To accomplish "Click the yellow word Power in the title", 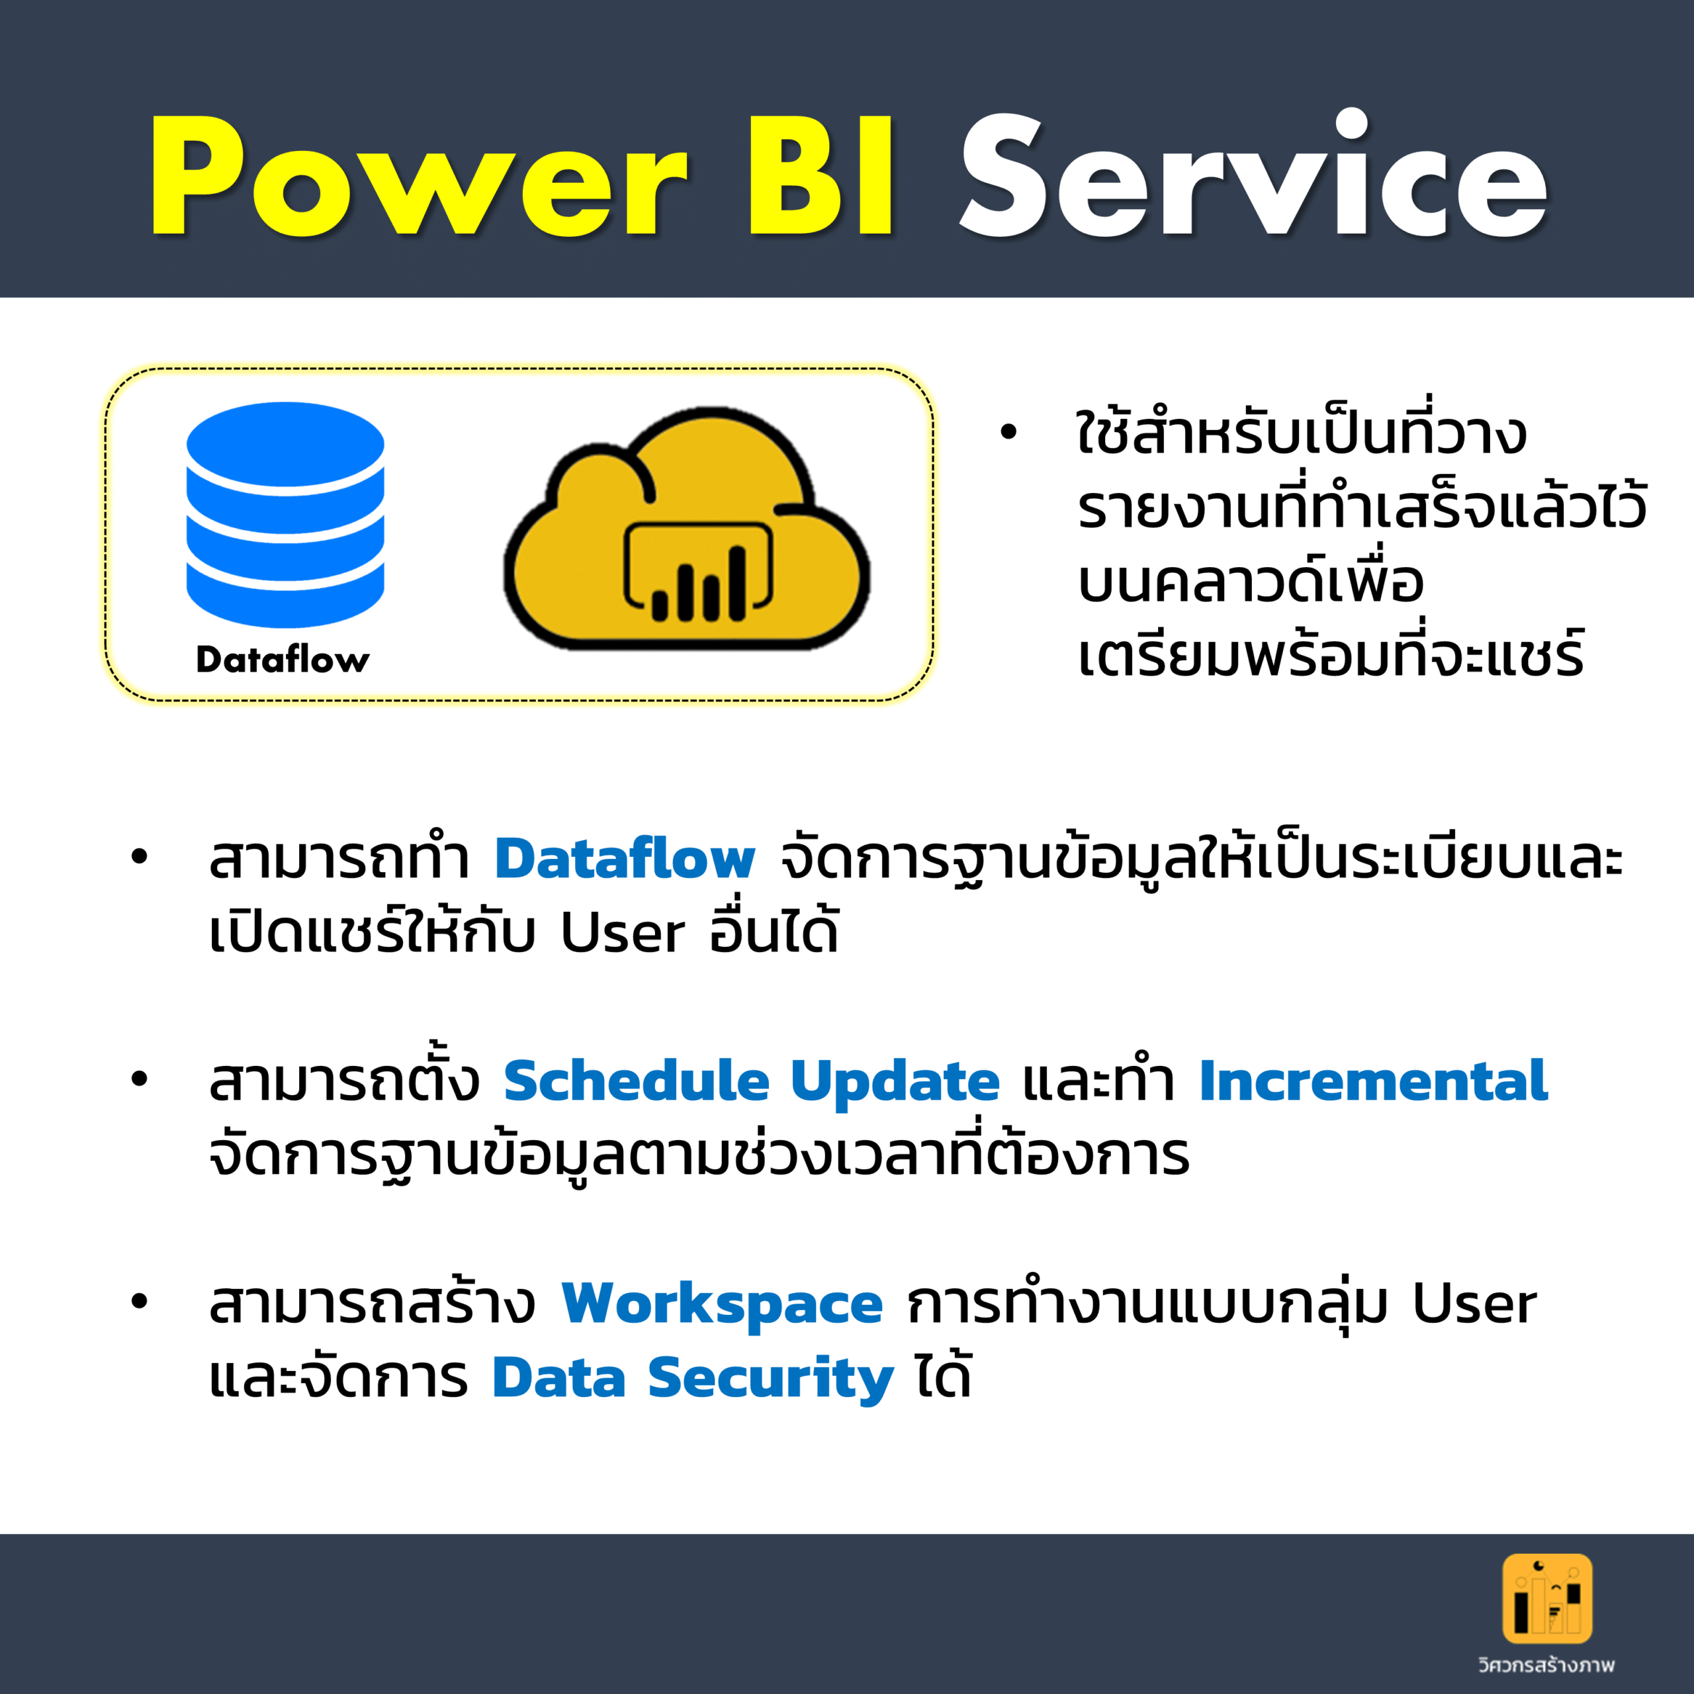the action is click(419, 175).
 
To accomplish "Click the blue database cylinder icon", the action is click(285, 515).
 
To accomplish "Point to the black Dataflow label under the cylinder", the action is click(283, 658).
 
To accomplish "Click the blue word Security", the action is click(771, 1379).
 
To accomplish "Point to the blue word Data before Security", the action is click(559, 1378).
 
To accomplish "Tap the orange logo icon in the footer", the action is click(1548, 1599).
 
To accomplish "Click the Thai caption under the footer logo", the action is click(1546, 1664).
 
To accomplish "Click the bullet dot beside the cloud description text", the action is click(1008, 431).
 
